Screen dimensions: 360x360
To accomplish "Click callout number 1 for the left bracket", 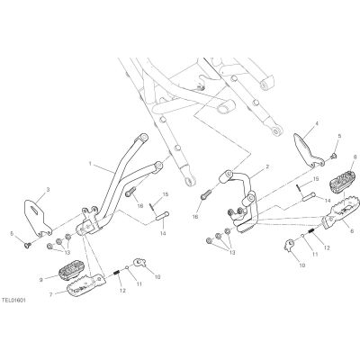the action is (x=90, y=164).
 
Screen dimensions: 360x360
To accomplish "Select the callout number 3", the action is (x=48, y=190).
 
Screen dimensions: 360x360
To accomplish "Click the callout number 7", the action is (x=51, y=295).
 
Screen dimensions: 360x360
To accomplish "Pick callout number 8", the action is (x=355, y=157).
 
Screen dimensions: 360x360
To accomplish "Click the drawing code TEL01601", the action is (x=13, y=300).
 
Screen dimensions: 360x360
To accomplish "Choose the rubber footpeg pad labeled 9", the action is (x=72, y=271).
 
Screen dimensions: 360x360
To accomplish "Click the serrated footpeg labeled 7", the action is (x=86, y=286).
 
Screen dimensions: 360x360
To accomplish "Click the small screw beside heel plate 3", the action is (x=28, y=245).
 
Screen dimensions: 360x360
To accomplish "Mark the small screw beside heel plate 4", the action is (x=334, y=156).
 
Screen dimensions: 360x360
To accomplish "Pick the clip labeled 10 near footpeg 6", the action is (x=289, y=245).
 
